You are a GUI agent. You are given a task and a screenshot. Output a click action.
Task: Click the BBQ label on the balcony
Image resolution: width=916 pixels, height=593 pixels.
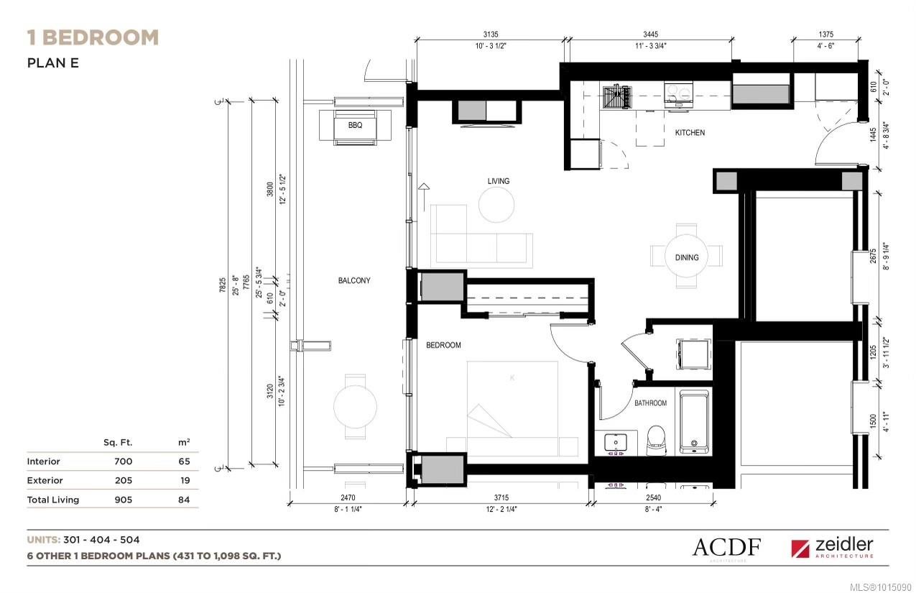pos(355,125)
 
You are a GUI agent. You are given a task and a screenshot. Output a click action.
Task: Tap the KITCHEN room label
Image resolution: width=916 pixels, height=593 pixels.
pos(689,133)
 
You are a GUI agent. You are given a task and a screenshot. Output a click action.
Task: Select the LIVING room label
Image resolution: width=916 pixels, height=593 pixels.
pos(498,181)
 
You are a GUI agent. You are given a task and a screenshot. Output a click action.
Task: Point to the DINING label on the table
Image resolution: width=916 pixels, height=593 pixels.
pos(687,257)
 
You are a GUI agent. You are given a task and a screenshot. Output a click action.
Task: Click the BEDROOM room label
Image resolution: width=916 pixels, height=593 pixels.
pos(443,346)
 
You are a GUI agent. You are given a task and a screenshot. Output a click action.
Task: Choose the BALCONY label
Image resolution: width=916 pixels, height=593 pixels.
pos(354,281)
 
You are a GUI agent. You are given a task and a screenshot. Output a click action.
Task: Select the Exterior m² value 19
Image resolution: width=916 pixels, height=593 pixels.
pos(184,480)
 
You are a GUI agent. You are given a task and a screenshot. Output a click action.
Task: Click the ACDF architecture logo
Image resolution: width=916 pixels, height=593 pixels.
pos(726,548)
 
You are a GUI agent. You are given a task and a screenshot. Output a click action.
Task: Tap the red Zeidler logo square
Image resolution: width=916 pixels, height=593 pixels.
pos(800,549)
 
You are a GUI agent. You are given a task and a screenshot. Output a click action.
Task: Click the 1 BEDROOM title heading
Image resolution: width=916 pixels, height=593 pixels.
pos(93,37)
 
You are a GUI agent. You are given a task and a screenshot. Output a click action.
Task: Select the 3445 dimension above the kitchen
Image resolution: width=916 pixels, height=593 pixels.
pos(650,35)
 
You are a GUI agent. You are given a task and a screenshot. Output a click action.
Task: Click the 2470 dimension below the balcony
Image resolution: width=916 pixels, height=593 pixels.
pos(348,497)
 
